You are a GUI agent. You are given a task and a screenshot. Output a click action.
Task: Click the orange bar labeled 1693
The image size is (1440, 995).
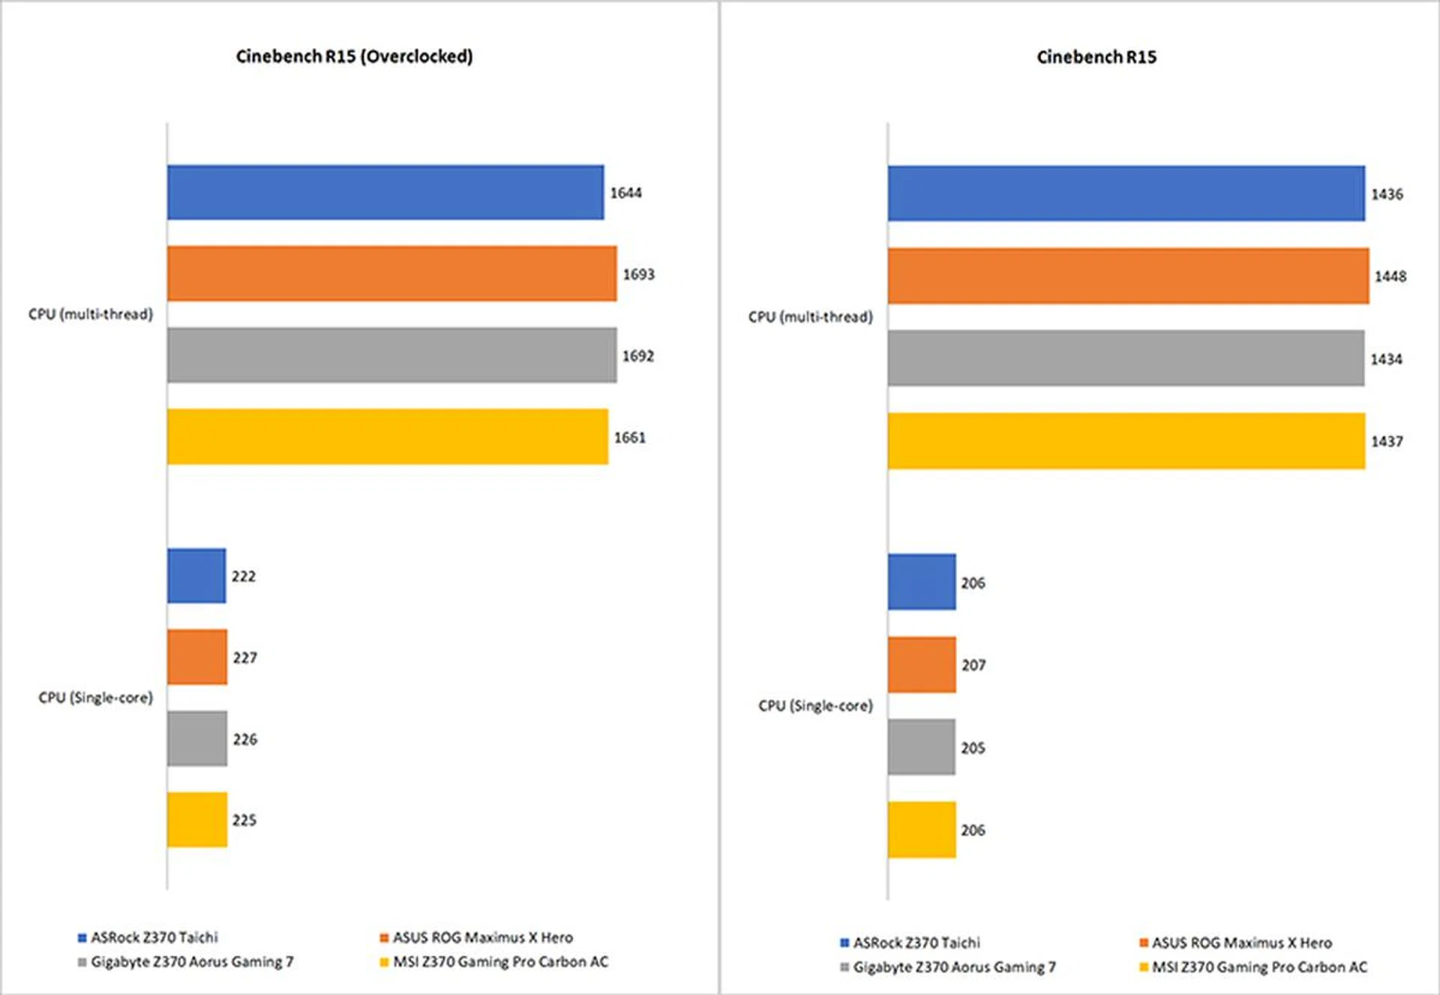(391, 274)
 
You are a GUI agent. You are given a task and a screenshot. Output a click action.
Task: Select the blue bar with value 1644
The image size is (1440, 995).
(385, 193)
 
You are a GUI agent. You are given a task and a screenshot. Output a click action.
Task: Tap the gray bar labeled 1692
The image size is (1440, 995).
(391, 355)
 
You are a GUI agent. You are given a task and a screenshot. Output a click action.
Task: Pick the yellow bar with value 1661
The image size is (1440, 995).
(387, 437)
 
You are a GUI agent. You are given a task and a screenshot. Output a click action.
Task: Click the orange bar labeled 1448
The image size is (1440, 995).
(1128, 276)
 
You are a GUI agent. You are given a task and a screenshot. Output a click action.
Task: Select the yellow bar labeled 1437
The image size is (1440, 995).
(1126, 441)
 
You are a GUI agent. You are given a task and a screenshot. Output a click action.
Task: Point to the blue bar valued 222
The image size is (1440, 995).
(196, 576)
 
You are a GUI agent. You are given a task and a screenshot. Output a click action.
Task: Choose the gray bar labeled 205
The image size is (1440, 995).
(922, 747)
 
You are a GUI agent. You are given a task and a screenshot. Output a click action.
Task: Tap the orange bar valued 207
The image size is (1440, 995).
(922, 665)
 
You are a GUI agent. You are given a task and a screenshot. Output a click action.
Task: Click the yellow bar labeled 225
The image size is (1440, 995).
(197, 820)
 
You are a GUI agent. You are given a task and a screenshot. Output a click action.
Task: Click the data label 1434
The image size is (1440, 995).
(1386, 359)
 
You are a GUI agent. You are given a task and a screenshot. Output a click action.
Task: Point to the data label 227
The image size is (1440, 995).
(244, 658)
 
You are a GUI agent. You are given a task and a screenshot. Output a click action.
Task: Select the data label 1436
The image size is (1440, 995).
(1387, 194)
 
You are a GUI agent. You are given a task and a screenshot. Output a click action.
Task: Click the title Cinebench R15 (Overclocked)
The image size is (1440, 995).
(354, 56)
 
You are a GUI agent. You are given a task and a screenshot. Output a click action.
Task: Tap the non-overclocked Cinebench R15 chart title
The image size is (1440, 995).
(1096, 57)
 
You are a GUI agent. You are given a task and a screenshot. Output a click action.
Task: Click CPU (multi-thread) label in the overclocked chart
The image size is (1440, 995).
(91, 314)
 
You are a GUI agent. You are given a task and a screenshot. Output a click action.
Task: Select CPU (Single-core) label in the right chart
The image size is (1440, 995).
(815, 706)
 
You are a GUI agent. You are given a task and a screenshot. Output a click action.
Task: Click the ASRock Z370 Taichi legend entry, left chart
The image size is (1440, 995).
(154, 937)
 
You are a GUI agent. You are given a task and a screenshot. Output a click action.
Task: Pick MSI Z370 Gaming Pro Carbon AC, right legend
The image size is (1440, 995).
(1259, 967)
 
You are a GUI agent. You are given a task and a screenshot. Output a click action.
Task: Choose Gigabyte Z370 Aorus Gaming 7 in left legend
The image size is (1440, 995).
(192, 962)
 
